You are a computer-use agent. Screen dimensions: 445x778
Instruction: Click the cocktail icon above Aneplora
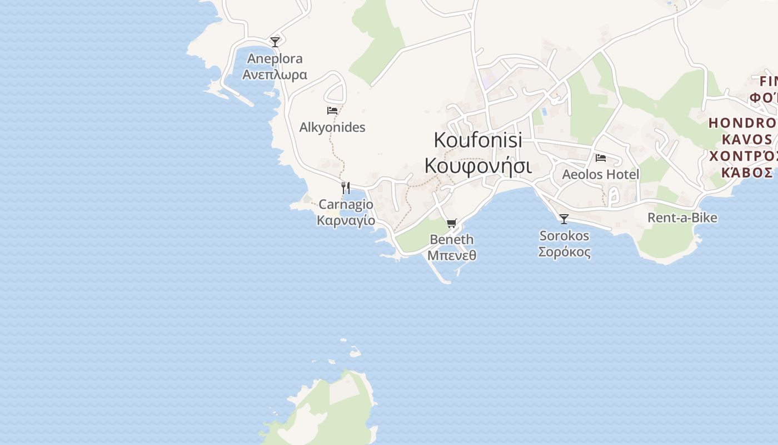pos(275,42)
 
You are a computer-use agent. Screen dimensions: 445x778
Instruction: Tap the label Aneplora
pos(275,58)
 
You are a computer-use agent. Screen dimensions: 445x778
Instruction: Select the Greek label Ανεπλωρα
pos(275,74)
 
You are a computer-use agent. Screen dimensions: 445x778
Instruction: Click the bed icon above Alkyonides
pos(332,111)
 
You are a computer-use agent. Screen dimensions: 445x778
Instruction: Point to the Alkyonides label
pos(332,127)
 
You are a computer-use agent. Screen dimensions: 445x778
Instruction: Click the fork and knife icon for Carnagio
pos(345,187)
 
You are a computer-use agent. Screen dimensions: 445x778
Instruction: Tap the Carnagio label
pos(346,204)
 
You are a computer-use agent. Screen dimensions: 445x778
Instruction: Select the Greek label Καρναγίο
pos(346,220)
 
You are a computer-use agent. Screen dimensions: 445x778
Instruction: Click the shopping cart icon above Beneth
pos(451,223)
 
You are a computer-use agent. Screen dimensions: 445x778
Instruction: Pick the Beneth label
pos(452,240)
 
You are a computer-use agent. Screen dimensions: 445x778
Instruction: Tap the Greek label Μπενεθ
pos(452,255)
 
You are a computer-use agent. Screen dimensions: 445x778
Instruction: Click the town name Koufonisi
pos(478,140)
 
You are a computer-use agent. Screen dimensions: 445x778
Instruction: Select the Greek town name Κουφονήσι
pos(478,165)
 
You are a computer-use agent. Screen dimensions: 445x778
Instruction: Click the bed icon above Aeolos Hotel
pos(601,158)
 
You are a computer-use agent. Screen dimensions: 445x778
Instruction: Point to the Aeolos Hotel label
pos(601,175)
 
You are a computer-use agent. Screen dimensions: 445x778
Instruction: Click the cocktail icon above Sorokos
pos(564,219)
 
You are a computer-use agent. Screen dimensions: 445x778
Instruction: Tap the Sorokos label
pos(564,236)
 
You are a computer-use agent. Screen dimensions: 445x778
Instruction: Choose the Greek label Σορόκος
pos(564,252)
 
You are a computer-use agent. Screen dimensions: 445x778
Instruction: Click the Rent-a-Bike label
pos(682,217)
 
